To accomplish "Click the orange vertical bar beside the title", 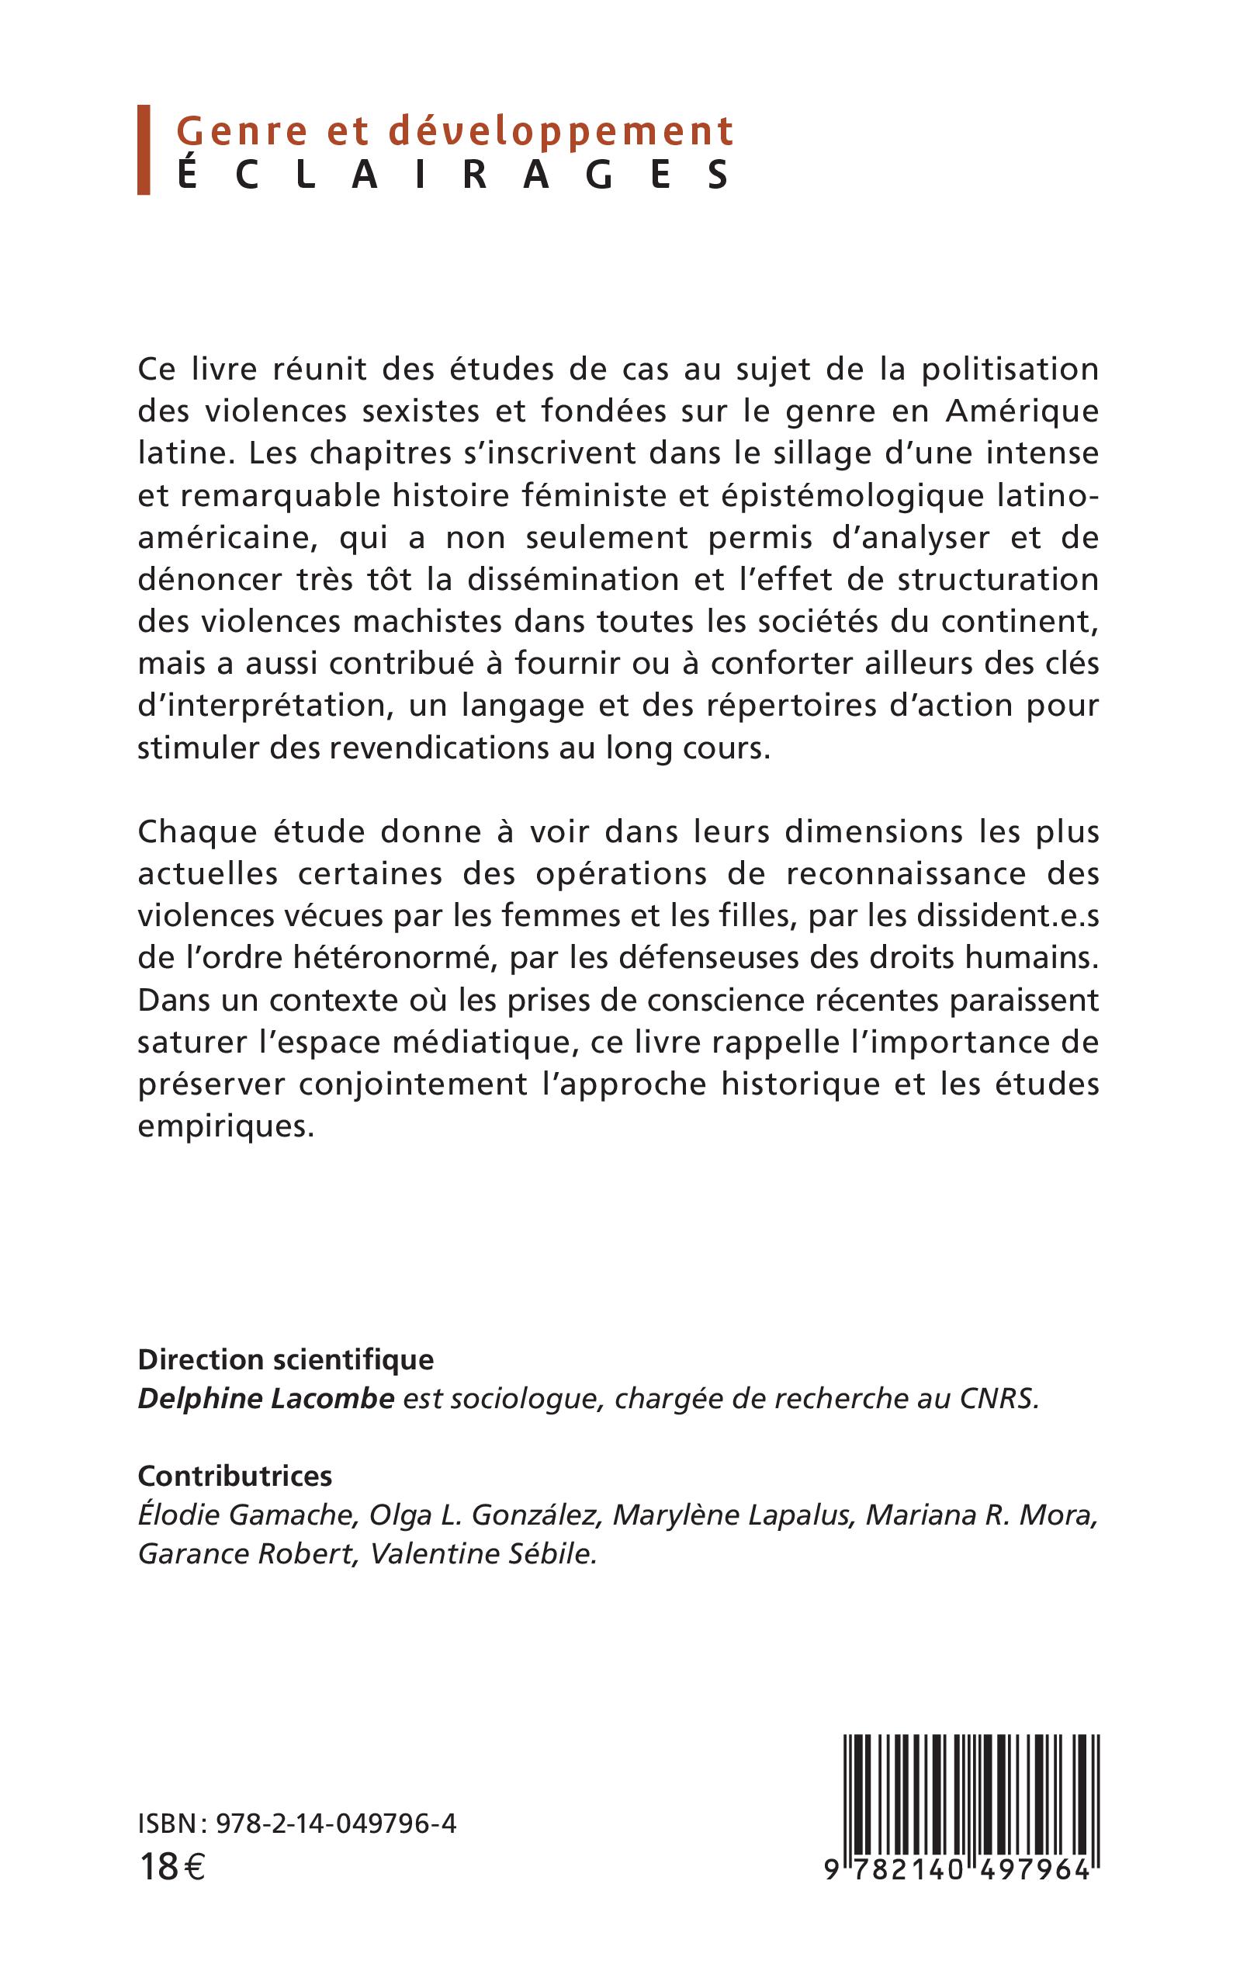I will click(144, 150).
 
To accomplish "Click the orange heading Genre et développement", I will click(455, 132).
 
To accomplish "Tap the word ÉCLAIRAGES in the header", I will click(453, 175).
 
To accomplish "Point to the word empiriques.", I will click(225, 1126).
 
